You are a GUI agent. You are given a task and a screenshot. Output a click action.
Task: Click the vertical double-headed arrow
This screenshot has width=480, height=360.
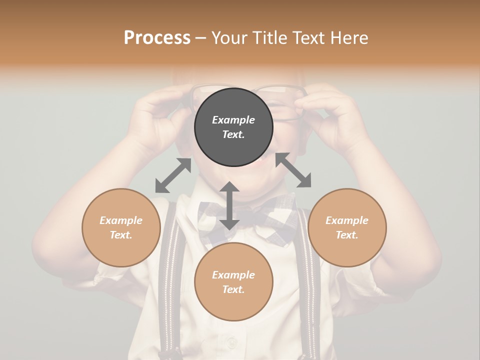[x=229, y=205]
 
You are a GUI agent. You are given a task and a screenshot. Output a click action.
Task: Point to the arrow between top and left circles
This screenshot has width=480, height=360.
[x=173, y=175]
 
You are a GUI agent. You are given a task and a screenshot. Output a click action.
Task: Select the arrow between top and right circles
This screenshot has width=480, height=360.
[x=293, y=170]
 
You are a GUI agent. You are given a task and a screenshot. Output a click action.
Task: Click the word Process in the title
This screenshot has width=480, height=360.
[x=157, y=37]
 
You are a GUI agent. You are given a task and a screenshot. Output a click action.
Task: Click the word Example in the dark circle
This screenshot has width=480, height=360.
[x=233, y=120]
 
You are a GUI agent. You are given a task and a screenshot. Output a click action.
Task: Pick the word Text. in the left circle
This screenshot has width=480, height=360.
[x=121, y=235]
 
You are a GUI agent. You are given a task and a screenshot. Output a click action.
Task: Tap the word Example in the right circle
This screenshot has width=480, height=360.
[x=347, y=220]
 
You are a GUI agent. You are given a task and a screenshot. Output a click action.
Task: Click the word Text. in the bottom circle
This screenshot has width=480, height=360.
[x=233, y=289]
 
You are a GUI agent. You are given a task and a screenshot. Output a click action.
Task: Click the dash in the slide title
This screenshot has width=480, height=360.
[x=200, y=38]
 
